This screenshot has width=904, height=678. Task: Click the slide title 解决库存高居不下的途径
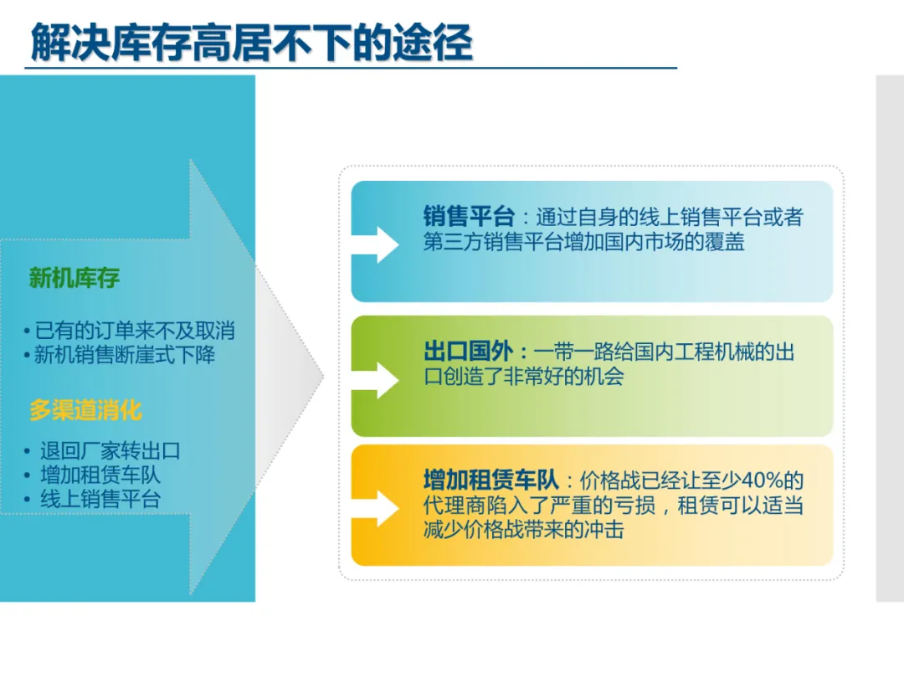click(251, 42)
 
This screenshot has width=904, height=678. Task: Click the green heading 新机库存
click(74, 278)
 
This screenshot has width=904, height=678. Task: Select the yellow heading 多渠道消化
click(85, 410)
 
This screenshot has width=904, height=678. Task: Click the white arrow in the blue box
click(375, 244)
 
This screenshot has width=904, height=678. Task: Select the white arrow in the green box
click(375, 380)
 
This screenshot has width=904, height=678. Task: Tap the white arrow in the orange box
click(375, 509)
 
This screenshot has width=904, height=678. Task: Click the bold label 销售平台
click(469, 216)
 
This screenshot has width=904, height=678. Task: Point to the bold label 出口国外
click(468, 351)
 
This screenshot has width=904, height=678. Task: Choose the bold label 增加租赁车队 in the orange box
click(491, 480)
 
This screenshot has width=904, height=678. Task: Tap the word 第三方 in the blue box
click(453, 241)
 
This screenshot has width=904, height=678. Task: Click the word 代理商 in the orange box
click(453, 505)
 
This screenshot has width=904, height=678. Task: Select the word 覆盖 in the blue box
click(725, 241)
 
